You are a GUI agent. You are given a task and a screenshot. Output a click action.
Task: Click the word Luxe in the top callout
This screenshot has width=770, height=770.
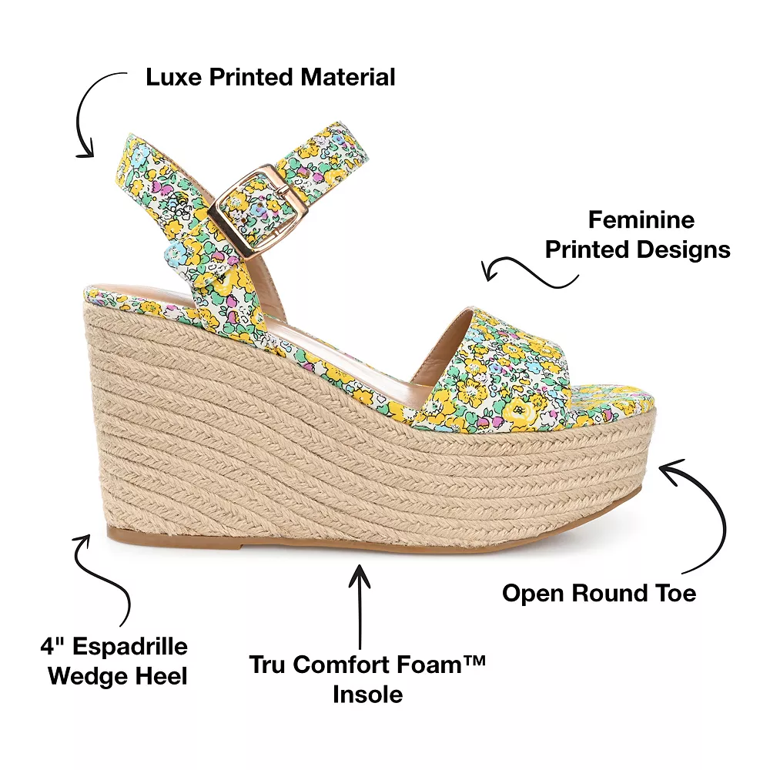(171, 77)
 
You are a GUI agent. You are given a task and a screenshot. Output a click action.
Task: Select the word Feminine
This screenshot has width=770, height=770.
(641, 219)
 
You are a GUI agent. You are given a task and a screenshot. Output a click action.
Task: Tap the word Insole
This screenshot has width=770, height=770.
(368, 694)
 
